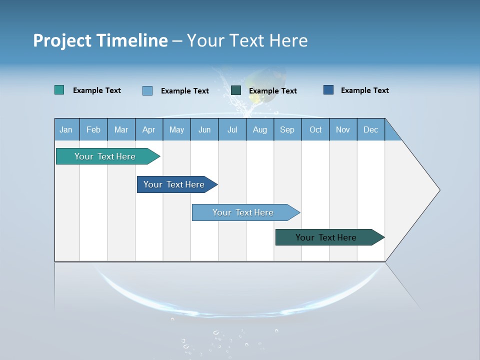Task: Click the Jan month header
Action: tap(66, 129)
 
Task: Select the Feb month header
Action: tap(93, 129)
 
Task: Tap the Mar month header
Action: tap(121, 129)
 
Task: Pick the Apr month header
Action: tap(149, 129)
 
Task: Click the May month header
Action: tap(176, 129)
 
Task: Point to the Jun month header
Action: tap(204, 129)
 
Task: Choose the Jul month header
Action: tap(232, 129)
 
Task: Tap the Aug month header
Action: tap(260, 129)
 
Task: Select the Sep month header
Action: tap(287, 129)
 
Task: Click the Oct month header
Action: tap(315, 129)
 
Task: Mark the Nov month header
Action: tap(343, 129)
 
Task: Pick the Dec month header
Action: tap(371, 129)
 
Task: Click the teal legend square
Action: tap(59, 90)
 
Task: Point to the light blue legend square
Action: tap(147, 90)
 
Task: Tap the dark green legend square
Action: tap(236, 90)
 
